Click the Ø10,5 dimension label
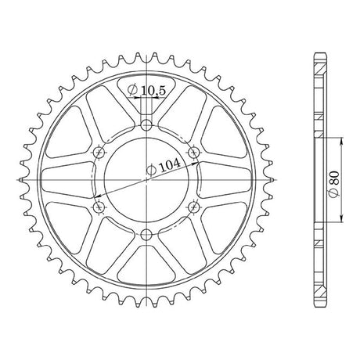[146, 90]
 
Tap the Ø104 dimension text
[164, 167]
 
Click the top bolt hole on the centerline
[146, 125]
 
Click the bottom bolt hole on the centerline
[146, 234]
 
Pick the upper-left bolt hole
[99, 152]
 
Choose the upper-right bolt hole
[194, 152]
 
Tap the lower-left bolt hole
[99, 207]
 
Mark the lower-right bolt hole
[194, 207]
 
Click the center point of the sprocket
[146, 180]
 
